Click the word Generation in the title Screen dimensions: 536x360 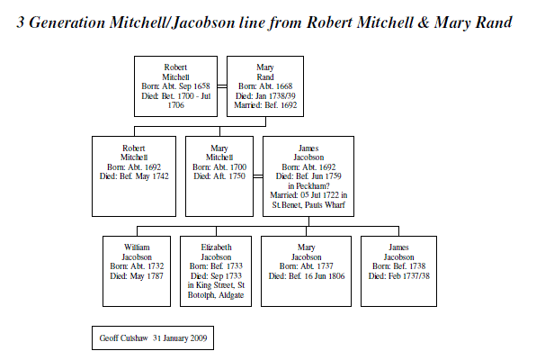(x=67, y=22)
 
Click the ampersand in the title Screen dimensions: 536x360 (x=424, y=22)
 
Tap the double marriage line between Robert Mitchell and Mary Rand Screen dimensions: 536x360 (x=222, y=86)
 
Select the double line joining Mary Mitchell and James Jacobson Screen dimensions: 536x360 (x=258, y=176)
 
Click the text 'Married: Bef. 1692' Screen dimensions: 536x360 (x=265, y=105)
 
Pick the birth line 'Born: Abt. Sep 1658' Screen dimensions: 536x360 (x=175, y=86)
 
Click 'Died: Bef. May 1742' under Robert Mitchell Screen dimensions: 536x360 (x=134, y=176)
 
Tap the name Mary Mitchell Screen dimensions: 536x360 (x=219, y=153)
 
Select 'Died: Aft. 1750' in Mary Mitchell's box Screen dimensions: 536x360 (x=219, y=176)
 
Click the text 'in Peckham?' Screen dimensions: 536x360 (x=308, y=186)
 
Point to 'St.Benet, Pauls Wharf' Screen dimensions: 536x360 (x=308, y=205)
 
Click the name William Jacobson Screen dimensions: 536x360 (x=137, y=252)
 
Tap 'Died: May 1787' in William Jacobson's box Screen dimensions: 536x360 (x=137, y=275)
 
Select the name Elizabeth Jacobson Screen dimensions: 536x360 (x=216, y=252)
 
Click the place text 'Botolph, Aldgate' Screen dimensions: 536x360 (x=216, y=295)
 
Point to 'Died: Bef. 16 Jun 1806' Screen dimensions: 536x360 (x=307, y=275)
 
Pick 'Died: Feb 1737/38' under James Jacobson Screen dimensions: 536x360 (x=399, y=275)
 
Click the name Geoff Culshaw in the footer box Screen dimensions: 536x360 (x=123, y=338)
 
